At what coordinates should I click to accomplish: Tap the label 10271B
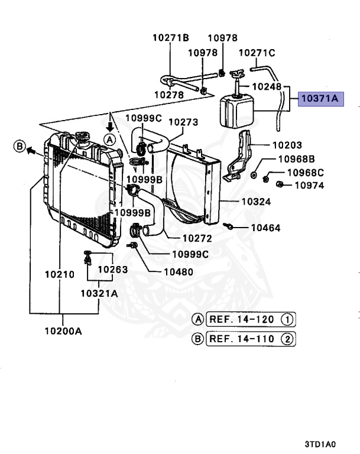coord(170,38)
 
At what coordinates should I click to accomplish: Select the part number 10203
coord(287,145)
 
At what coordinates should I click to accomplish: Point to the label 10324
coord(256,202)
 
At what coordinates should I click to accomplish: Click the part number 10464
coord(265,228)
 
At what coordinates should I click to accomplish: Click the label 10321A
coord(99,292)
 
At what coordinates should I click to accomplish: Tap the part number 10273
coord(184,122)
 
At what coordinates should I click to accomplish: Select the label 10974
coord(309,185)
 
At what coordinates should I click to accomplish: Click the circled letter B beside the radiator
coord(19,146)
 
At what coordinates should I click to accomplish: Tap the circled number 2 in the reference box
coord(286,339)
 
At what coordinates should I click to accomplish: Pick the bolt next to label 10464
coord(228,226)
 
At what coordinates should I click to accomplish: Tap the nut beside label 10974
coord(282,185)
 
